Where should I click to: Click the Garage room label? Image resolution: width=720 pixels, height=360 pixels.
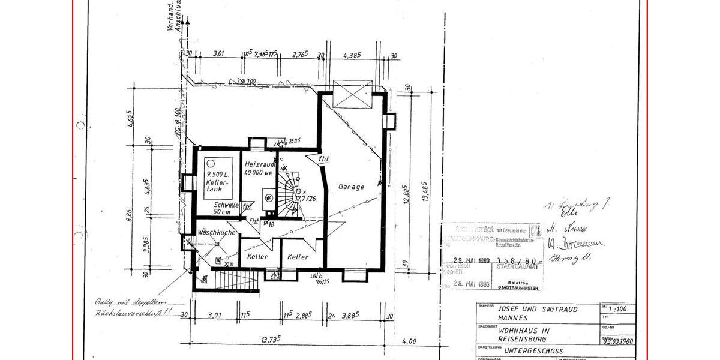[x=351, y=187]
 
